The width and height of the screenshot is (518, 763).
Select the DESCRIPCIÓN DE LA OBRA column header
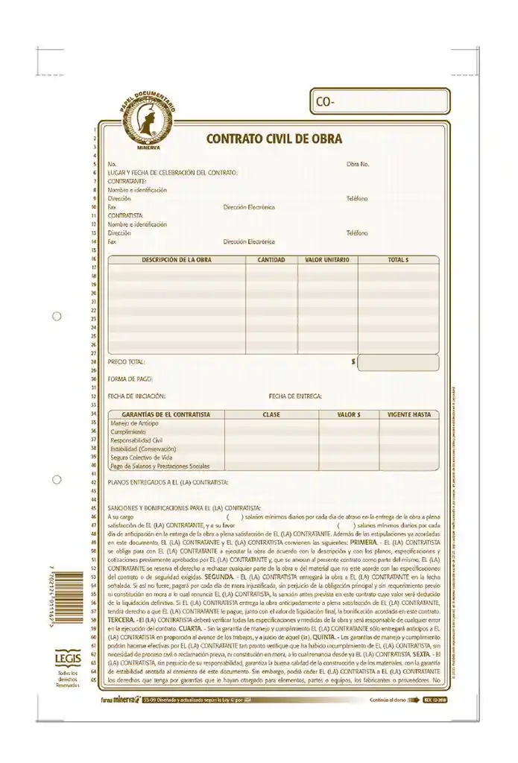pyautogui.click(x=177, y=260)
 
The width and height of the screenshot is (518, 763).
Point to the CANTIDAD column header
pyautogui.click(x=271, y=260)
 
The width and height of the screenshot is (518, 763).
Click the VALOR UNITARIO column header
pyautogui.click(x=327, y=260)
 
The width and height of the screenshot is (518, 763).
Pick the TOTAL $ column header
pyautogui.click(x=398, y=260)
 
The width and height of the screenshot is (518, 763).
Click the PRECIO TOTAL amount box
pyautogui.click(x=398, y=363)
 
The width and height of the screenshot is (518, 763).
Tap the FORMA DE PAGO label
pyautogui.click(x=130, y=379)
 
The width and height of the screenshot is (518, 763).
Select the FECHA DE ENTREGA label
pyautogui.click(x=295, y=396)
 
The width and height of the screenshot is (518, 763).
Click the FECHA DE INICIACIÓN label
pyautogui.click(x=136, y=396)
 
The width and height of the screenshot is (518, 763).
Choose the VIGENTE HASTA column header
pyautogui.click(x=409, y=414)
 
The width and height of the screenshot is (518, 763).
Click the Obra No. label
pyautogui.click(x=358, y=163)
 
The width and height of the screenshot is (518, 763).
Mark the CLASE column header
pyautogui.click(x=271, y=414)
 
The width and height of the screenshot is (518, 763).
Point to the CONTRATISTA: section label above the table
pyautogui.click(x=127, y=215)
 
